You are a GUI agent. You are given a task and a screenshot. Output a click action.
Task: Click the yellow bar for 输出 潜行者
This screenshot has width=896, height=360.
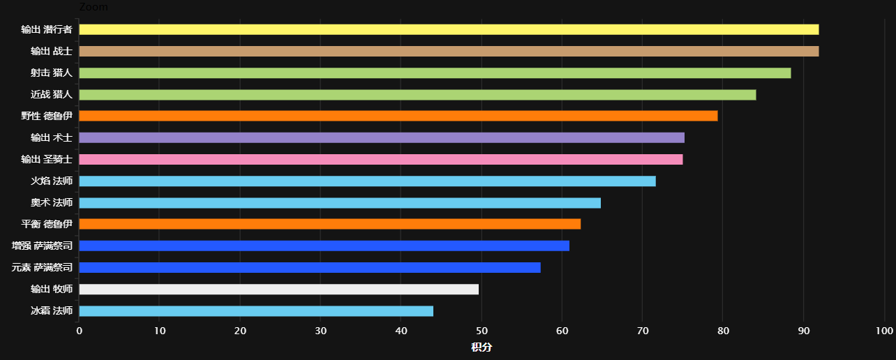click(449, 29)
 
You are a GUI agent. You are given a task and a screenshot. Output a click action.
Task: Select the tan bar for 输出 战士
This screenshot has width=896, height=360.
click(449, 51)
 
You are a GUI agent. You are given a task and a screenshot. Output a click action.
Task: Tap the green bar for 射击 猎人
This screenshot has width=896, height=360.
click(435, 73)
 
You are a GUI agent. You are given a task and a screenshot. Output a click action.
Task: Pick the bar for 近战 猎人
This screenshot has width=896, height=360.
click(417, 94)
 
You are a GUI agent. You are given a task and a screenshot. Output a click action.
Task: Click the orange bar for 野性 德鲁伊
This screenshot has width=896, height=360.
click(398, 116)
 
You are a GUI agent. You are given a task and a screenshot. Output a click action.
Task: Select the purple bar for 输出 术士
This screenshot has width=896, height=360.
click(382, 137)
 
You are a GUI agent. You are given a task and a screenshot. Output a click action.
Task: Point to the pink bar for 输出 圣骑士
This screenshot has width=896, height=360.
click(381, 159)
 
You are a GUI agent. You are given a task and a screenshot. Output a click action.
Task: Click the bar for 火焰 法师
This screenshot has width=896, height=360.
click(368, 181)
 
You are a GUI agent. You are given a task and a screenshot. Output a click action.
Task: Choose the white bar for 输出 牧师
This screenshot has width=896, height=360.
click(279, 289)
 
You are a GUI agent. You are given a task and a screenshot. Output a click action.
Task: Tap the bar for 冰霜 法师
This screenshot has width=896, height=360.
click(256, 310)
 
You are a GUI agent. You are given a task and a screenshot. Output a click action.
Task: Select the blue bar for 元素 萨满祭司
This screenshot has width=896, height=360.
click(310, 267)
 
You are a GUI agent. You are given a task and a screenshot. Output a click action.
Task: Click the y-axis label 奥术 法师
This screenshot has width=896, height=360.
click(52, 203)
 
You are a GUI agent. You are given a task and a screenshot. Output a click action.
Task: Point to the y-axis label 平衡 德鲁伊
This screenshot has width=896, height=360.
click(47, 224)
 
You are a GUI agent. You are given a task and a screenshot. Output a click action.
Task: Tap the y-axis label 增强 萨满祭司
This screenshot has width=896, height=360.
click(42, 246)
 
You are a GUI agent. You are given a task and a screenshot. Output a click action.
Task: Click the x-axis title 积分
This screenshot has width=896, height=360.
click(481, 347)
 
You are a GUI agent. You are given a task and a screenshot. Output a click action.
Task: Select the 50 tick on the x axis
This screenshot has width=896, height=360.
click(481, 331)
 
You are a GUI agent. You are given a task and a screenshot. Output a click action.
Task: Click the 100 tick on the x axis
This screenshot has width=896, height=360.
click(884, 331)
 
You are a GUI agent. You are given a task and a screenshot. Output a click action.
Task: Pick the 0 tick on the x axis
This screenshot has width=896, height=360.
click(80, 331)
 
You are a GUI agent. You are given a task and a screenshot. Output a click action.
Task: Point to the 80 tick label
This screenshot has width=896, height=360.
click(723, 331)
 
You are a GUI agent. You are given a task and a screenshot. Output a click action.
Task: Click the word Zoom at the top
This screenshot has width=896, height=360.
click(94, 6)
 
